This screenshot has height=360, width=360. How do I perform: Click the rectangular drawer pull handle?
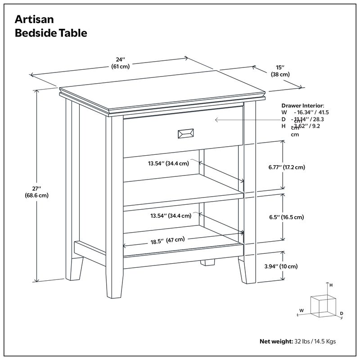pyautogui.click(x=186, y=133)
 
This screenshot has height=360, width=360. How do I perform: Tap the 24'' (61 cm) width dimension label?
pyautogui.click(x=120, y=63)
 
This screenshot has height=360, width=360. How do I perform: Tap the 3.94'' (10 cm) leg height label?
pyautogui.click(x=281, y=266)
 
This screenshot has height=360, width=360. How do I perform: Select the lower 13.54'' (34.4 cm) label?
pyautogui.click(x=171, y=216)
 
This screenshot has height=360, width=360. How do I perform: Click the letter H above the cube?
pyautogui.click(x=331, y=285)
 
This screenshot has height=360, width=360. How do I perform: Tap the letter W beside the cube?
pyautogui.click(x=301, y=310)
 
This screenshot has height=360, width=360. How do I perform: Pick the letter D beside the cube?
pyautogui.click(x=342, y=313)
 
